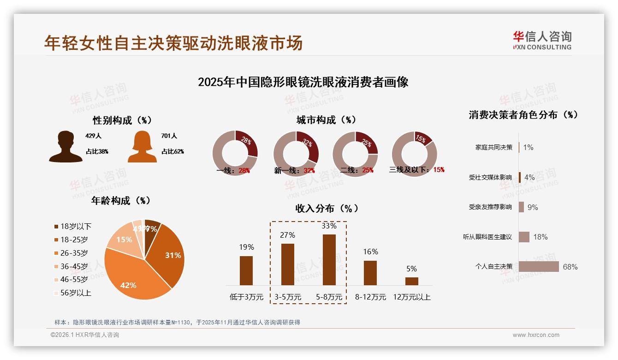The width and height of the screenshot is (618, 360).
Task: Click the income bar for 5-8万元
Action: pos(329,259)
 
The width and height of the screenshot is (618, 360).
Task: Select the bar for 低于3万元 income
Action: pos(246,270)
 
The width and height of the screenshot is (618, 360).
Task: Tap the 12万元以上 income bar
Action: pos(411,281)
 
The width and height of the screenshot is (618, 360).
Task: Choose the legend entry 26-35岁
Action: pos(74,253)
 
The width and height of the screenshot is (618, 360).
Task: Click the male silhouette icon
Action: pos(65,146)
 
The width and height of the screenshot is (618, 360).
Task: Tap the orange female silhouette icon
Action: pos(142,147)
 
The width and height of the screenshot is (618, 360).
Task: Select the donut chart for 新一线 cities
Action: pos(296,154)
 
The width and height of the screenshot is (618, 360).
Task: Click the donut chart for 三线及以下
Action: pos(414,154)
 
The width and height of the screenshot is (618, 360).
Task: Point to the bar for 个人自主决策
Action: pos(539,267)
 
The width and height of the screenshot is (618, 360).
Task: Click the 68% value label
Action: pos(570,267)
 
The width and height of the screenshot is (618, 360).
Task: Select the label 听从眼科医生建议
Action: pos(487,237)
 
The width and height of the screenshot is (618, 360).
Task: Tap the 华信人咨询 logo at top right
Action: pos(542,41)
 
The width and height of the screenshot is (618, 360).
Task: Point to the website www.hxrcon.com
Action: pos(536,335)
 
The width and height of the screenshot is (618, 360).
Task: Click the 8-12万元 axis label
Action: pos(370,297)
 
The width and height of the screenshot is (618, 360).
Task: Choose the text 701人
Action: pos(169,136)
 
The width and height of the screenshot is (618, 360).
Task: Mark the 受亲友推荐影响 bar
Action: pos(521,207)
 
